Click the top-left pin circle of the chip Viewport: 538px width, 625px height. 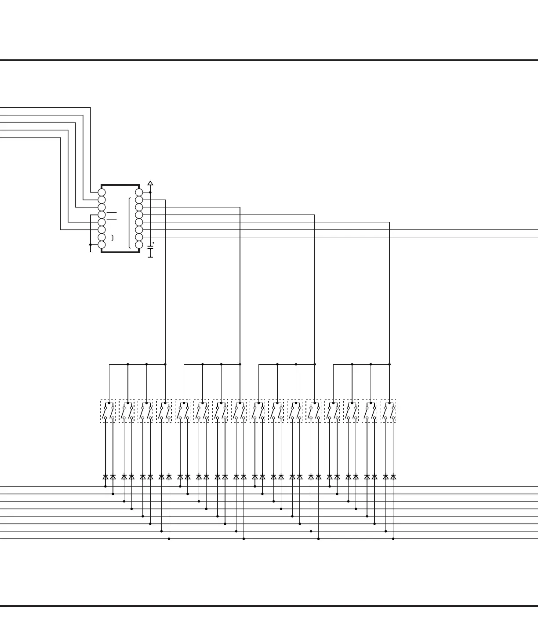(x=102, y=193)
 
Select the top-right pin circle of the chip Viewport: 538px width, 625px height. (x=139, y=193)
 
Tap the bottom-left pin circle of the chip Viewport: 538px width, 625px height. (x=102, y=244)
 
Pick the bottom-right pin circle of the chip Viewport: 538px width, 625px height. (x=139, y=244)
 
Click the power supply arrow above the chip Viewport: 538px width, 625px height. (x=150, y=183)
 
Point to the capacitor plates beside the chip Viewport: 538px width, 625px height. (x=150, y=248)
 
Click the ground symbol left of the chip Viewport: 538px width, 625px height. (x=91, y=251)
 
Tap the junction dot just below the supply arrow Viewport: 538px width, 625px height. (x=150, y=193)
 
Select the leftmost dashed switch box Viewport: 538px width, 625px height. (x=108, y=411)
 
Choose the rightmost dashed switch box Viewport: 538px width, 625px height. (x=389, y=411)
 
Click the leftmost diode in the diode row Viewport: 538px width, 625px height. (x=105, y=476)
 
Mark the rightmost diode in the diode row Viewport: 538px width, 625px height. (x=393, y=476)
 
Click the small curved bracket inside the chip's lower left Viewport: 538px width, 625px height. (x=113, y=238)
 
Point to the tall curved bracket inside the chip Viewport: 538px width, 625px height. (x=130, y=223)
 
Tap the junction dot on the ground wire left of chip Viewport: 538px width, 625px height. (x=91, y=244)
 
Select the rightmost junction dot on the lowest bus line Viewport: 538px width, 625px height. (x=393, y=539)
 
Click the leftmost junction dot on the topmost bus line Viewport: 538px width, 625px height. (x=105, y=487)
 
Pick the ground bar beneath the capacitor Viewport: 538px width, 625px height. (x=150, y=257)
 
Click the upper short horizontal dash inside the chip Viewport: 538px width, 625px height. (x=112, y=212)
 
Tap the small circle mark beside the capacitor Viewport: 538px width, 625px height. (x=153, y=243)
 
